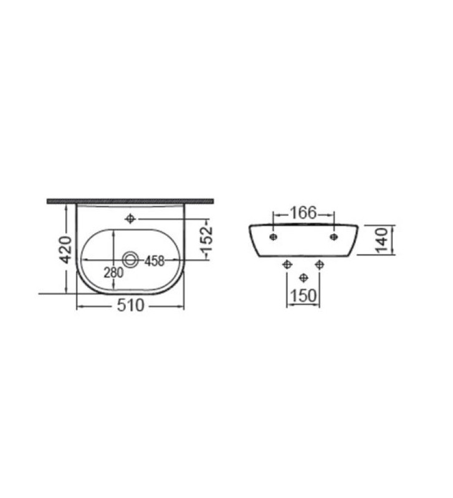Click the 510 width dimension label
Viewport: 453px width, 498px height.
pos(131,306)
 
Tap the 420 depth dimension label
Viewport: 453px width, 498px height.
pos(67,250)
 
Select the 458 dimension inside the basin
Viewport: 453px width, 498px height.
pos(155,261)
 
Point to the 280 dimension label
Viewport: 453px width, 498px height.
pos(113,273)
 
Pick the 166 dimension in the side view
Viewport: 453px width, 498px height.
pos(303,213)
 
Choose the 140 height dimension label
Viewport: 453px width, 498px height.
pos(382,240)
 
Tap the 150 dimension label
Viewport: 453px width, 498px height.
pos(303,296)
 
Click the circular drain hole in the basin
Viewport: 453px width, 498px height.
pos(131,260)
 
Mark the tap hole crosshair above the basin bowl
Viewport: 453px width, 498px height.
pos(130,218)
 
